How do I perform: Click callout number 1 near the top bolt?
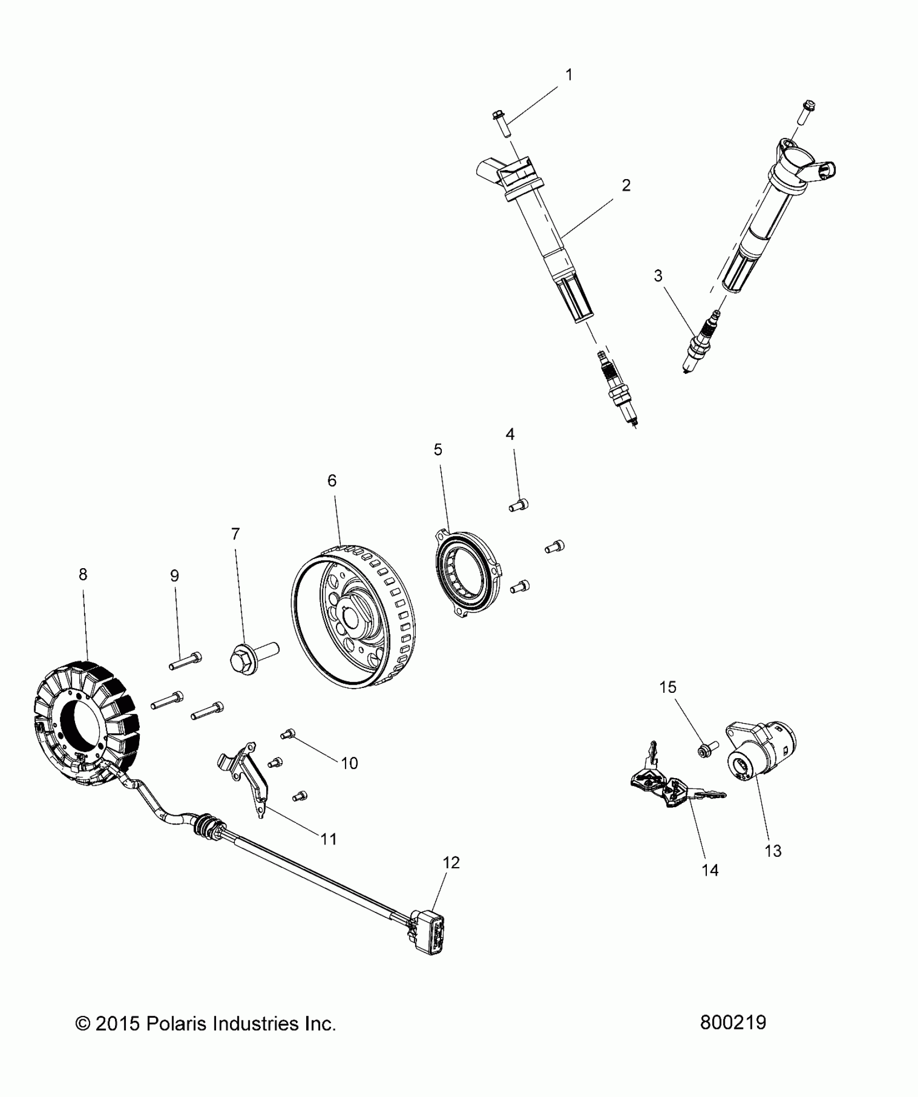[x=568, y=75]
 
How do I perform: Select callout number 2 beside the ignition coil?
[x=626, y=186]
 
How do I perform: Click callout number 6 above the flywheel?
[x=332, y=480]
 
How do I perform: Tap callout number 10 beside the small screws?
[x=349, y=763]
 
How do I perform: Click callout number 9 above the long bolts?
[x=174, y=576]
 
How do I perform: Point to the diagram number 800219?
[x=733, y=1023]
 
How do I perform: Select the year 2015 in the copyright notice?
[x=116, y=1024]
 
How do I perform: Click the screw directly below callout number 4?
[x=518, y=506]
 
